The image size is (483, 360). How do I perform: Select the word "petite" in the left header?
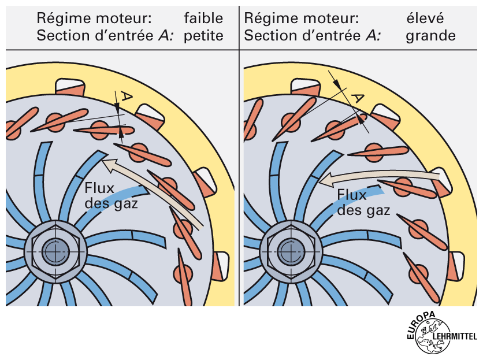coord(203,36)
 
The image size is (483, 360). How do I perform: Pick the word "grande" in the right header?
coord(430,36)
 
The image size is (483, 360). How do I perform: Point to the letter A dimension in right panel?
coord(359,98)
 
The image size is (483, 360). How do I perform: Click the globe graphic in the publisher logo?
coord(433,342)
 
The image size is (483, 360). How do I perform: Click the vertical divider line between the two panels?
coord(239,173)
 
